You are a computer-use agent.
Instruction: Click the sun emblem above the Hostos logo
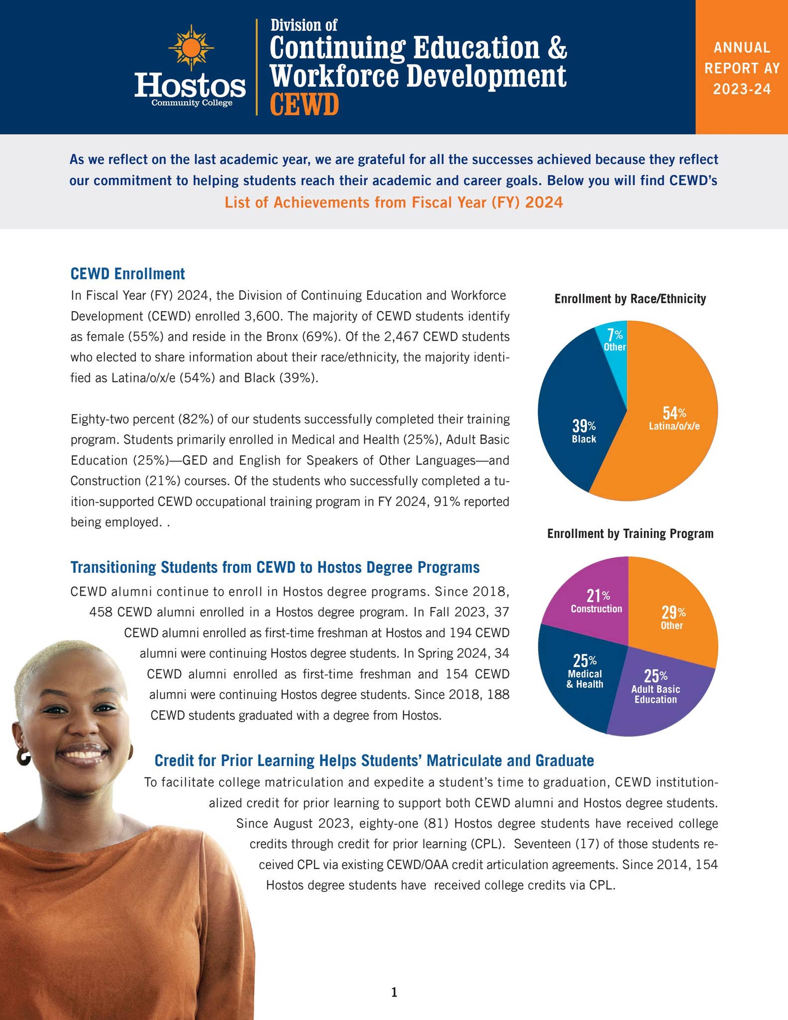191,48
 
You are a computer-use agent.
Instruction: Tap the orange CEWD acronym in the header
304,105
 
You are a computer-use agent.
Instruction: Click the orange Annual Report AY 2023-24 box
741,67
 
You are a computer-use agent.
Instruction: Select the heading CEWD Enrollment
127,273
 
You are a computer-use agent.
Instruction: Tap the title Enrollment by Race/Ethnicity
630,299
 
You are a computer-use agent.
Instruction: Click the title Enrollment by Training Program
630,533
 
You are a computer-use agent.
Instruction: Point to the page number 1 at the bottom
394,993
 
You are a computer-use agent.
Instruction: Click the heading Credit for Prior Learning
374,760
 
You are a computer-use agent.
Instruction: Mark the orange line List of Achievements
393,202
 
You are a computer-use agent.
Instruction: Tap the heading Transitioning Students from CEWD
275,567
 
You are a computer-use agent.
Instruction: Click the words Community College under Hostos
192,103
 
